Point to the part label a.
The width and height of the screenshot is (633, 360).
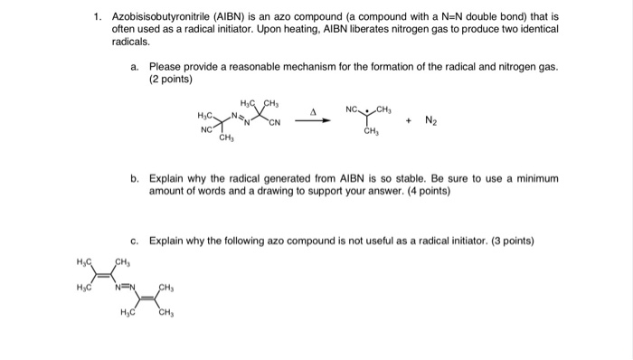pos(135,67)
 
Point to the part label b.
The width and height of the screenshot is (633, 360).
pos(135,179)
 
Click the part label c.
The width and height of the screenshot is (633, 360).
pos(135,242)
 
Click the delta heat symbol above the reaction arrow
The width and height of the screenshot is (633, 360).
pos(312,112)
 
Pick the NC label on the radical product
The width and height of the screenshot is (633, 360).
pos(353,110)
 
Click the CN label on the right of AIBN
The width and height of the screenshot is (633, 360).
pos(274,122)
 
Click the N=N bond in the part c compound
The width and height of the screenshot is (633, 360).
pos(128,289)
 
